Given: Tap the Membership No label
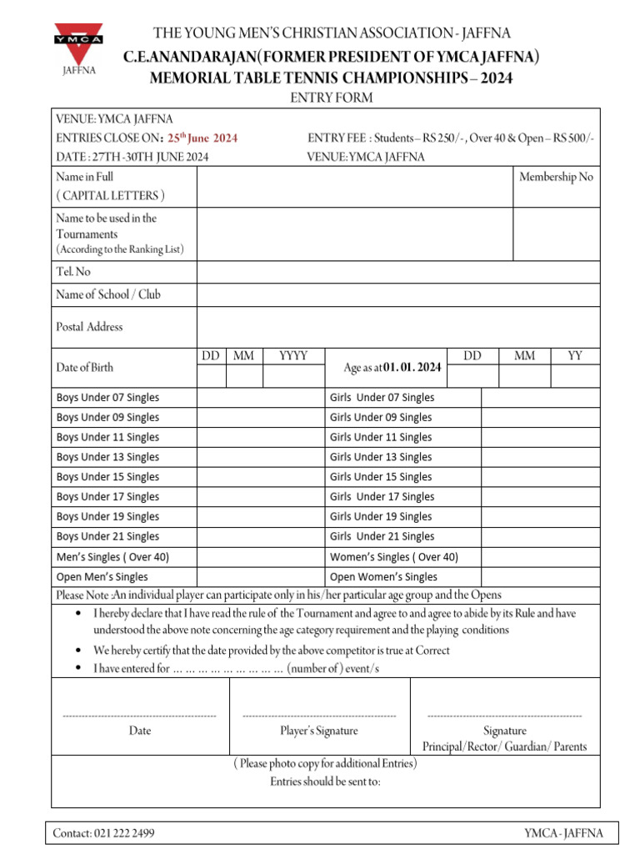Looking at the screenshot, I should tap(556, 177).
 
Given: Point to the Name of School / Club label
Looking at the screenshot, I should tap(108, 294).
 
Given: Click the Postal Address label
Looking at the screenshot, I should tap(89, 327).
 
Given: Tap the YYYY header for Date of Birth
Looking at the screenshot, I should tap(293, 356).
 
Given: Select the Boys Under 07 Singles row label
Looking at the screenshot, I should tap(107, 398).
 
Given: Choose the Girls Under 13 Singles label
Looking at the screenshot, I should tap(381, 457).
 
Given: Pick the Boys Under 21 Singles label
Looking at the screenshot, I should tap(107, 536).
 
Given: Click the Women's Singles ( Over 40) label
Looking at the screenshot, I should tap(394, 557).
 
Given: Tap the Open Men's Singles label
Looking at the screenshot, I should tap(102, 577).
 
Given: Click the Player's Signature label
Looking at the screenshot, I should tap(319, 731).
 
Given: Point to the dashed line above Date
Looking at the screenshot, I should tap(139, 716).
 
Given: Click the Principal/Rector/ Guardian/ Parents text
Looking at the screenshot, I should tap(504, 746).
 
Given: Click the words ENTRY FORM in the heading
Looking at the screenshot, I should tap(320, 98).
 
